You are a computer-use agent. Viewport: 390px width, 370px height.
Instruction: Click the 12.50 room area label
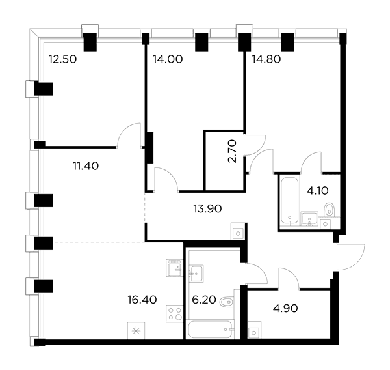pos(62,59)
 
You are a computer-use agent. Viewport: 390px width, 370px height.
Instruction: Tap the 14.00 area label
pos(168,59)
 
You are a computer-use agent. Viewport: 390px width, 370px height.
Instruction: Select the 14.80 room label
pos(266,59)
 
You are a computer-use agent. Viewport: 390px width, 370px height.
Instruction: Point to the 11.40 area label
pos(86,166)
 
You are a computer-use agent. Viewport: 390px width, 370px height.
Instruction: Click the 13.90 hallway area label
pos(207,208)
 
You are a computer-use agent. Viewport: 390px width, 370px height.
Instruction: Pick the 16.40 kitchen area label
pos(142,300)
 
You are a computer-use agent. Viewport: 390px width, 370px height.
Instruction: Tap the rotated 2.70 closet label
pos(232,151)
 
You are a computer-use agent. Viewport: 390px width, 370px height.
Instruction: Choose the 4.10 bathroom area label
pos(318,191)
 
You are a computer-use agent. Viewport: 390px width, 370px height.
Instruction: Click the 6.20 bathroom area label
pos(204,300)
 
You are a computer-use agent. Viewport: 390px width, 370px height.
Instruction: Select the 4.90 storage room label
pos(285,309)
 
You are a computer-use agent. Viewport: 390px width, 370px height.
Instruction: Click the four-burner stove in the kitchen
pos(174,313)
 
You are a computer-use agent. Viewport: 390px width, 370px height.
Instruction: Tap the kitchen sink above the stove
pos(174,268)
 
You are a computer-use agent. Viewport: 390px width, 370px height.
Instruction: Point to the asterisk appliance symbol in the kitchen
pos(136,331)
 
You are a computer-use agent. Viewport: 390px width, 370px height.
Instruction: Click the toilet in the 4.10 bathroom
pos(330,209)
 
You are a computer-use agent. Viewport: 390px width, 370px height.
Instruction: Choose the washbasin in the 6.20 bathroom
pos(196,274)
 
